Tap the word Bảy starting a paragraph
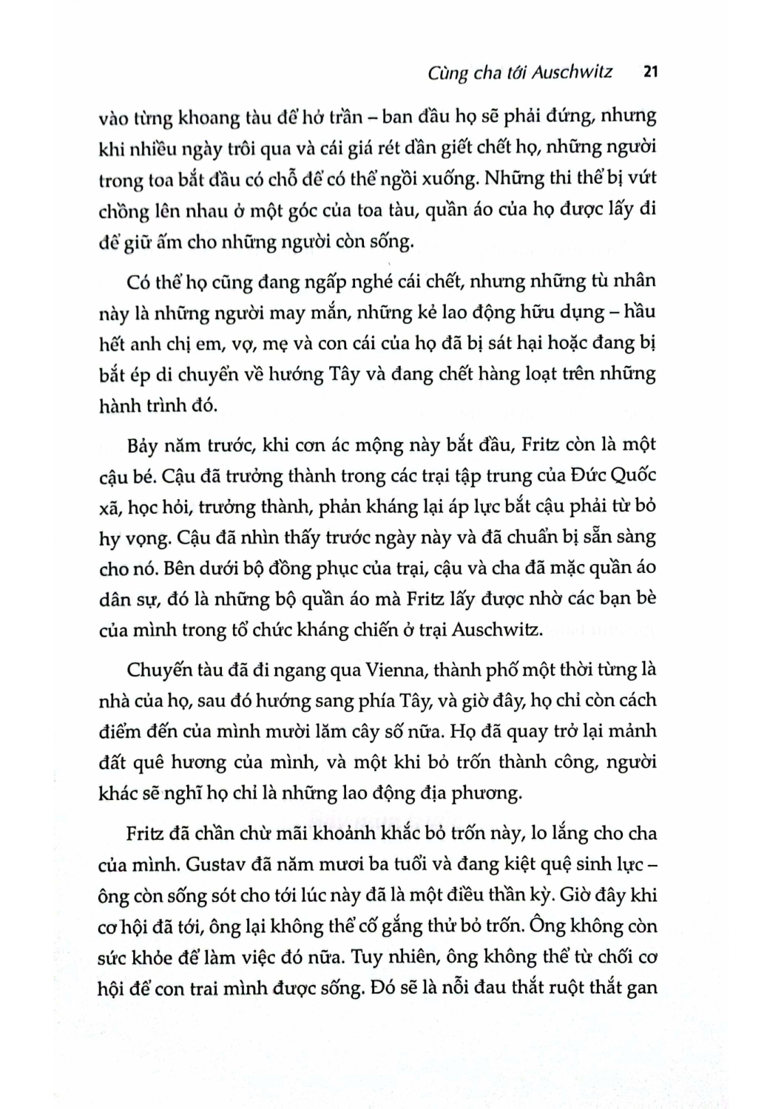point(143,445)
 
